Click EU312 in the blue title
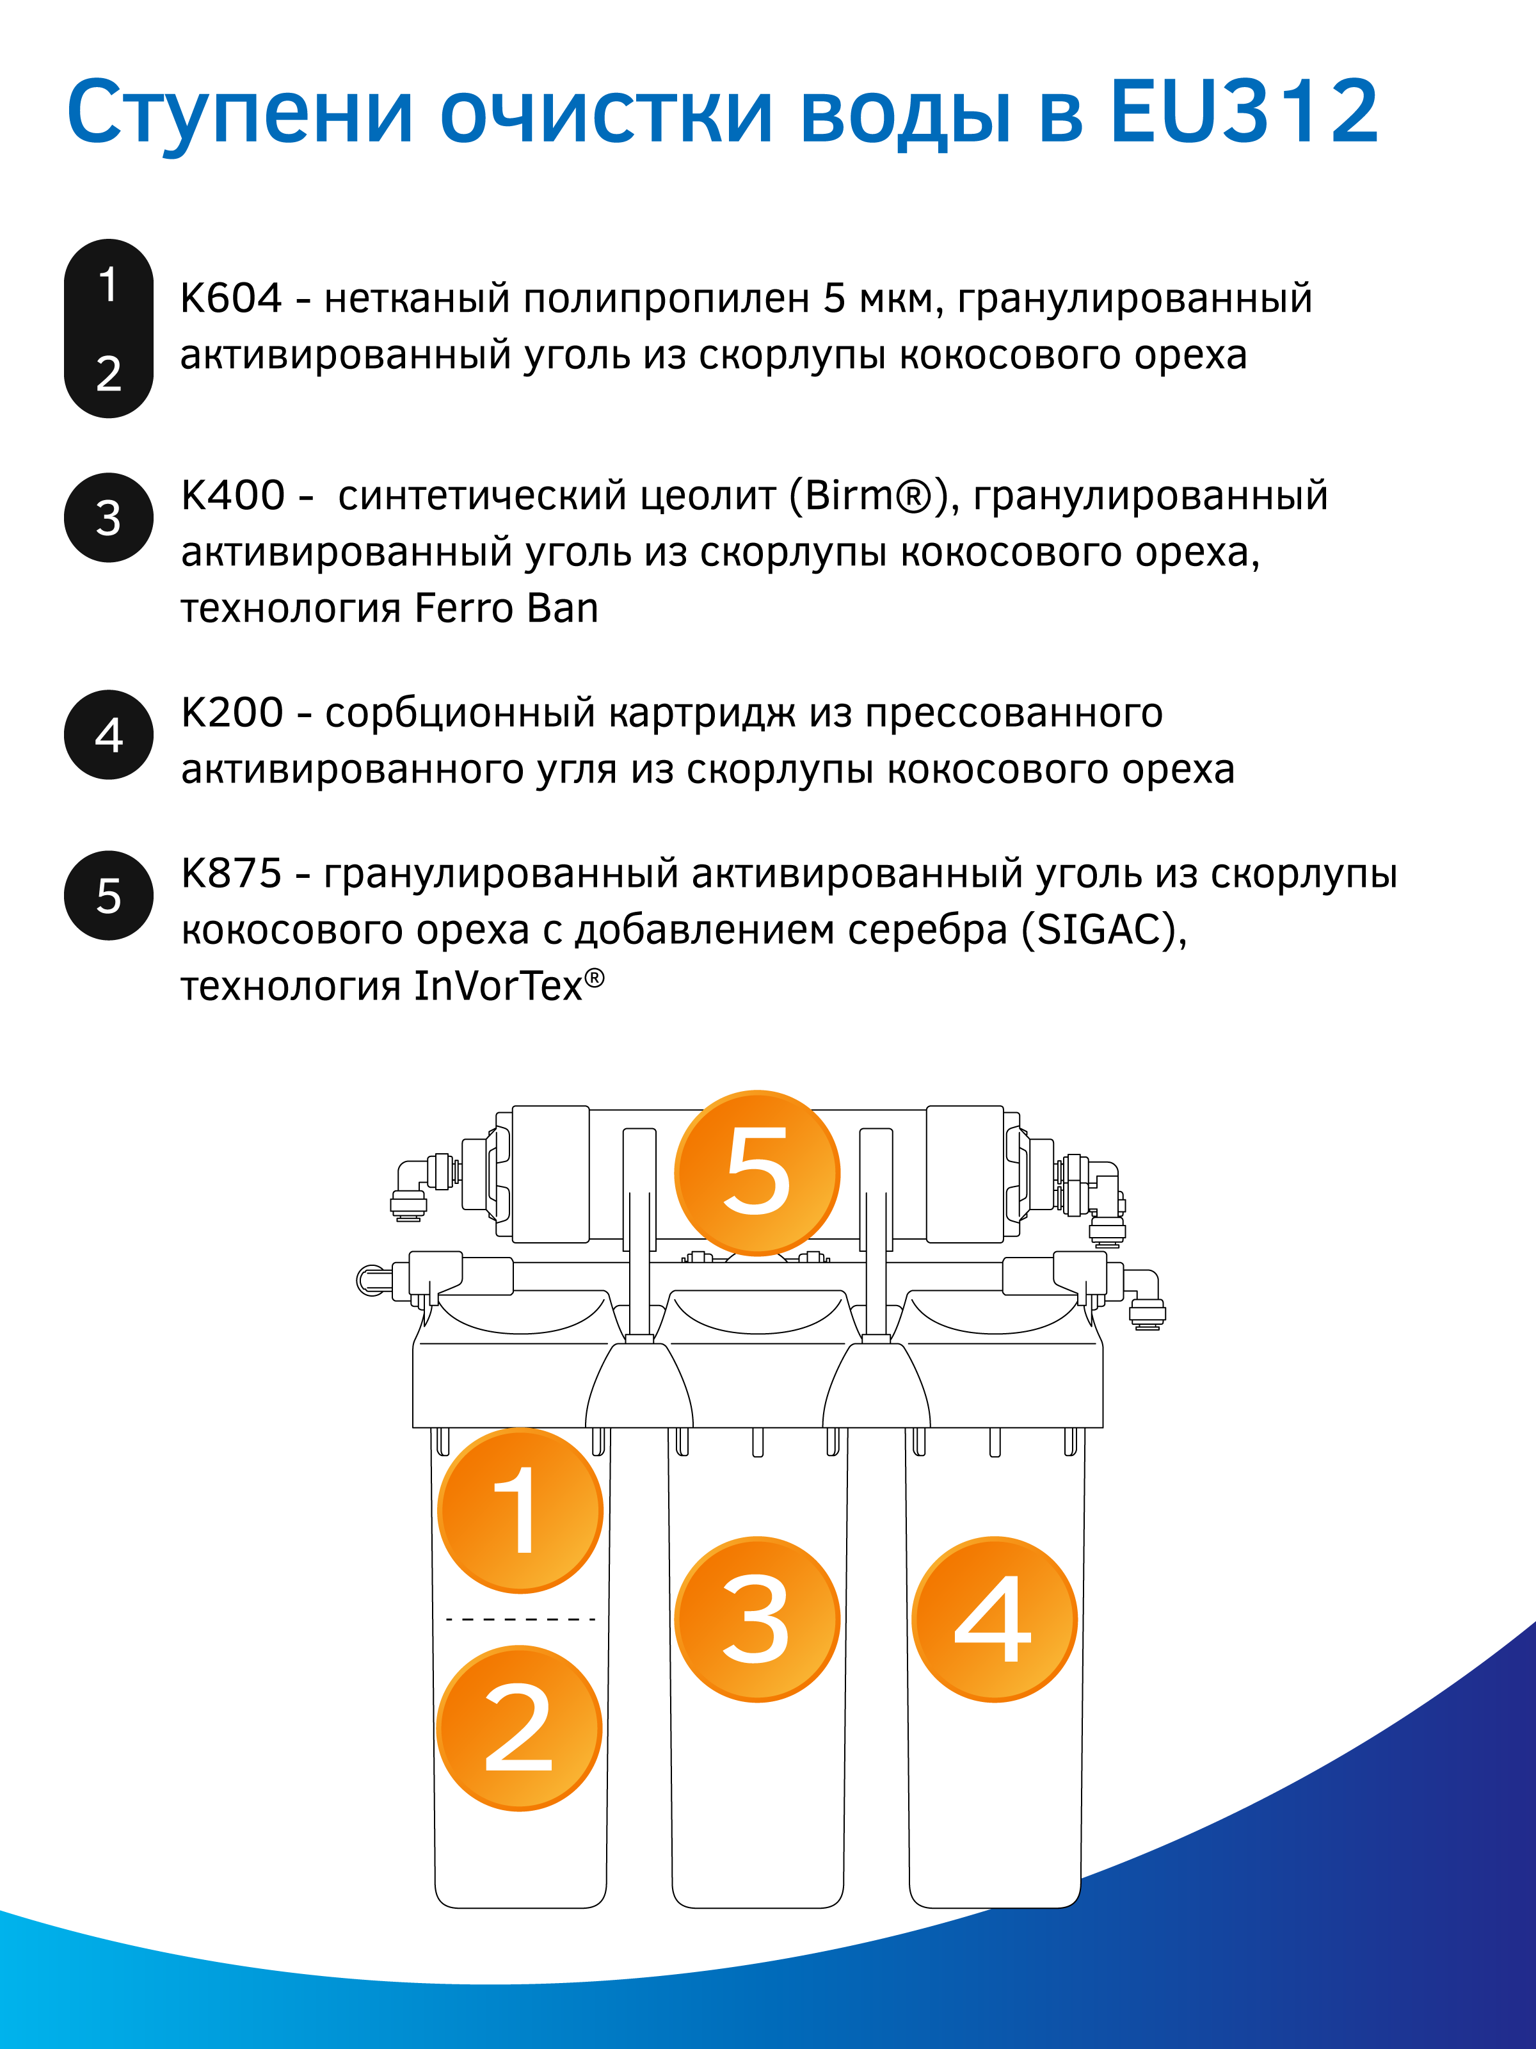point(1244,113)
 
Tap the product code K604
point(230,298)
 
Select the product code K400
point(232,496)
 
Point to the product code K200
point(232,712)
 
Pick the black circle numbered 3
point(108,518)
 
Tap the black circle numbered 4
point(108,734)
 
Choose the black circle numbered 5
point(108,896)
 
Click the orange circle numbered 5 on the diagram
point(756,1172)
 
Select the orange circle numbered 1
point(520,1510)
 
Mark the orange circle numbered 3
point(756,1619)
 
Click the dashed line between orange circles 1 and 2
point(520,1619)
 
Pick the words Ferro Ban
point(506,608)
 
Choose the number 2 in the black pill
point(108,373)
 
